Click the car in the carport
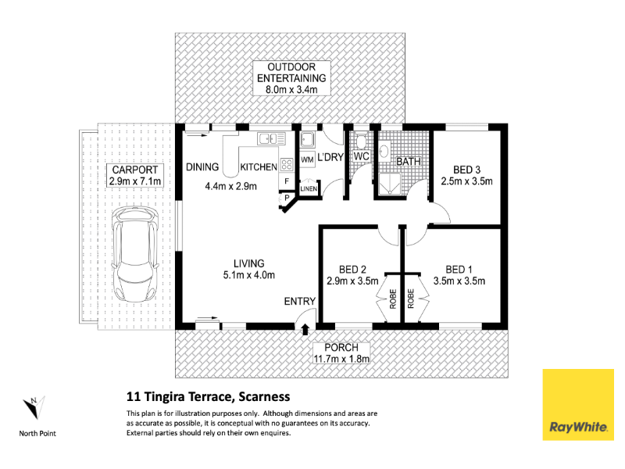[135, 255]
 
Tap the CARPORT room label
[135, 170]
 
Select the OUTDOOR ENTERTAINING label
[291, 73]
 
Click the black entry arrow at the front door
[305, 329]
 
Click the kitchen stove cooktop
[287, 164]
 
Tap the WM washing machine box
[307, 160]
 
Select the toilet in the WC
[361, 141]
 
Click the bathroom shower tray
[389, 184]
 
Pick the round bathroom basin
[384, 151]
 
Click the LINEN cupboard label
[309, 188]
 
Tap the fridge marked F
[287, 182]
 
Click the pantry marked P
[287, 199]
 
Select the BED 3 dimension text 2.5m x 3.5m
[466, 181]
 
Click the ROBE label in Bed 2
[393, 299]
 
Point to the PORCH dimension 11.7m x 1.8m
[341, 359]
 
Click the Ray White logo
[578, 405]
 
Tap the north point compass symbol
[34, 407]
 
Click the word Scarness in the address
[264, 397]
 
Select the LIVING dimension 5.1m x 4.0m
[249, 275]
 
